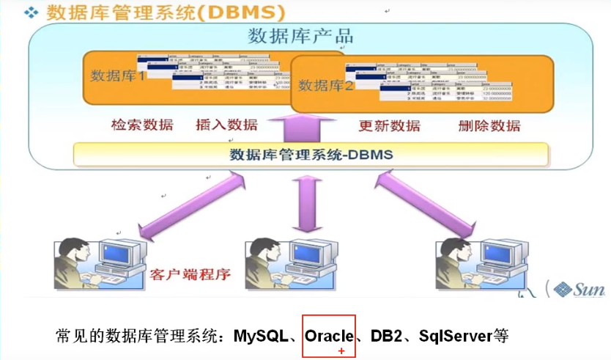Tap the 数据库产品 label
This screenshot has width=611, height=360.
[x=300, y=36]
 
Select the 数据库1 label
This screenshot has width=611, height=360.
[x=119, y=75]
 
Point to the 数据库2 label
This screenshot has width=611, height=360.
[x=327, y=85]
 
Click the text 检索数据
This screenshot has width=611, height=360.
[x=142, y=125]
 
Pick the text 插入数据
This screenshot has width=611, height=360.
[x=227, y=125]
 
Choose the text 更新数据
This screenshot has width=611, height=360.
[x=389, y=125]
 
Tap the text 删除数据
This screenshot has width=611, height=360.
[x=489, y=125]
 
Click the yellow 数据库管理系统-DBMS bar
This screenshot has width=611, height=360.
[x=311, y=155]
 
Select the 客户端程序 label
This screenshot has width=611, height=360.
[x=190, y=275]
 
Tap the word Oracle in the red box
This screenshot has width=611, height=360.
[x=329, y=337]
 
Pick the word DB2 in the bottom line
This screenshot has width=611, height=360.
[x=385, y=337]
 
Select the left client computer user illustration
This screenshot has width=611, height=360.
[x=95, y=263]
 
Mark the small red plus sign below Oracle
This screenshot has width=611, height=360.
[x=341, y=352]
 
